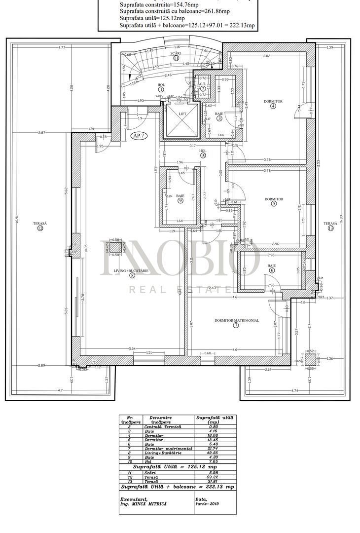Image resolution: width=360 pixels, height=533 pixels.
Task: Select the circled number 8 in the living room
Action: pyautogui.click(x=132, y=276)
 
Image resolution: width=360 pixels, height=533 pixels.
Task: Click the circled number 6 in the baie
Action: pyautogui.click(x=272, y=271)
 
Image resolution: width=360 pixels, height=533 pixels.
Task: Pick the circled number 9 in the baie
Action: pyautogui.click(x=180, y=201)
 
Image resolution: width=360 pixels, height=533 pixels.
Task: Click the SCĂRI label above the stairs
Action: pyautogui.click(x=176, y=53)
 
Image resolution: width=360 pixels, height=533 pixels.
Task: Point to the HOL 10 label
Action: pyautogui.click(x=203, y=152)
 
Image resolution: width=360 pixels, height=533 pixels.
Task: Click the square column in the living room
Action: pyautogui.click(x=116, y=248)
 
